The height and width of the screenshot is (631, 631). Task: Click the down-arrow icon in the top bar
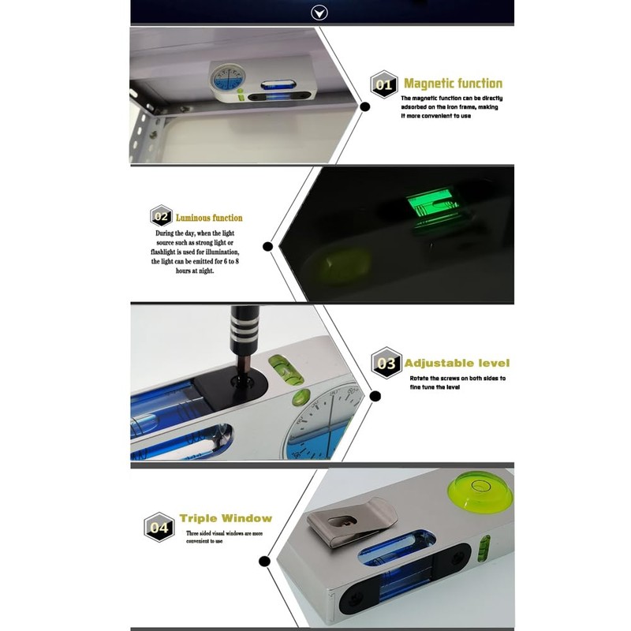point(319,12)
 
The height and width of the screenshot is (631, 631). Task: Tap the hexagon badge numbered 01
point(384,84)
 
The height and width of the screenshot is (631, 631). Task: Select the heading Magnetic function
point(453,84)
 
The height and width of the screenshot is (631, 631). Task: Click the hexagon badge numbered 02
point(161,217)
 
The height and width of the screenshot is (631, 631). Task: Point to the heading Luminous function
point(209,218)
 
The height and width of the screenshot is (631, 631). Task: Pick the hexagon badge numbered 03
point(386,364)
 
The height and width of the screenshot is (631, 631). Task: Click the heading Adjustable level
point(457,364)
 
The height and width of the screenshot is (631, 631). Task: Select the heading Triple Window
point(226,519)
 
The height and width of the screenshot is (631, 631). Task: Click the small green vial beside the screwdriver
point(282,372)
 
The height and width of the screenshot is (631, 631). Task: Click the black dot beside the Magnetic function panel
point(365,106)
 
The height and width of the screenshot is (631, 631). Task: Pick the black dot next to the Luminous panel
point(267,247)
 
